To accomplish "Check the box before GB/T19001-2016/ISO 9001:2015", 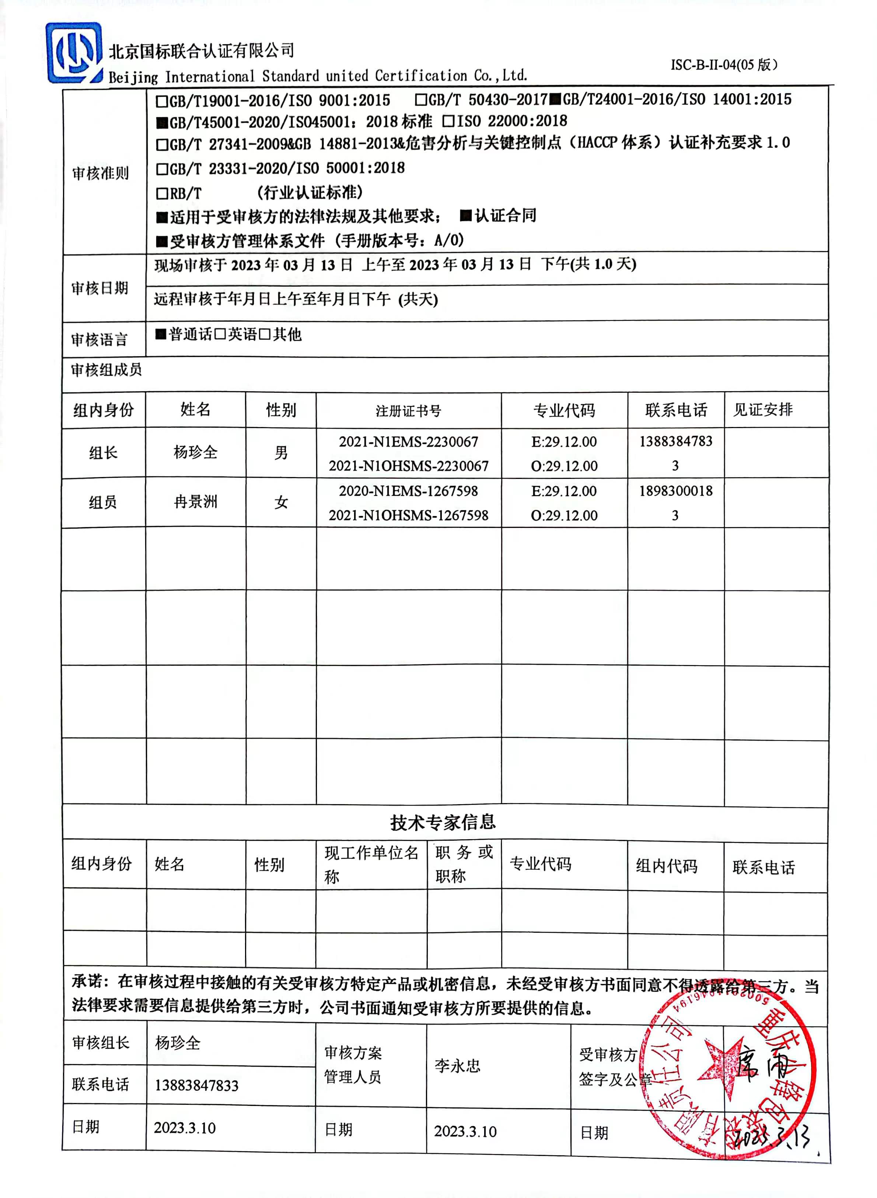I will pyautogui.click(x=161, y=100).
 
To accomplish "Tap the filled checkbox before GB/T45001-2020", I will pyautogui.click(x=161, y=123).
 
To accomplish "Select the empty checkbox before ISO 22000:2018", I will pyautogui.click(x=448, y=122).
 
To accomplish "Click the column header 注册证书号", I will pyautogui.click(x=408, y=410).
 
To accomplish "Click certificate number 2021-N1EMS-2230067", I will pyautogui.click(x=408, y=442).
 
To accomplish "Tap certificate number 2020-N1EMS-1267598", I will pyautogui.click(x=408, y=491).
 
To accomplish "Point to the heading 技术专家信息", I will pyautogui.click(x=443, y=822).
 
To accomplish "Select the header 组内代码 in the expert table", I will pyautogui.click(x=667, y=866).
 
